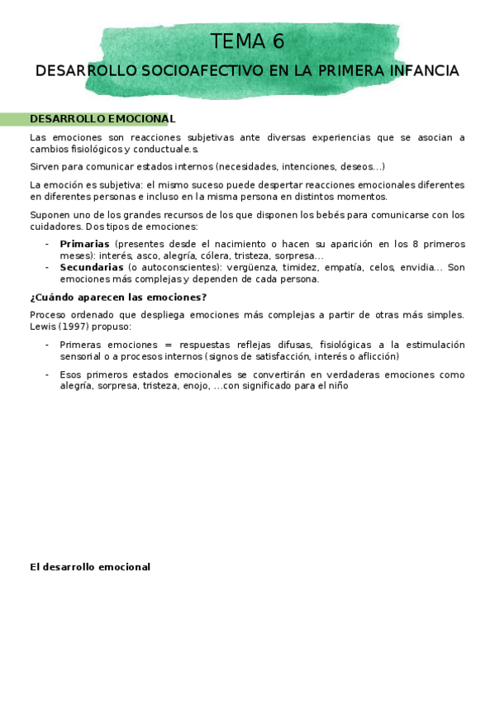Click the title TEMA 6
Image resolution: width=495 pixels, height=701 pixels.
(247, 42)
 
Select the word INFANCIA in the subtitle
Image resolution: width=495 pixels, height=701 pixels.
(421, 71)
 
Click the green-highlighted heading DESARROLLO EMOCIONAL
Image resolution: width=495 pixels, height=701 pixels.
(102, 119)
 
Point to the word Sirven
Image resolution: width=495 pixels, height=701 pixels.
(46, 166)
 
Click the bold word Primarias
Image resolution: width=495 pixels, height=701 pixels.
(84, 244)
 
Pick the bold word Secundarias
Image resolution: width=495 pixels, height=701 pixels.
(91, 267)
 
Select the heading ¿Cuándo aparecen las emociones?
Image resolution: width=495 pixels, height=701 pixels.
(118, 297)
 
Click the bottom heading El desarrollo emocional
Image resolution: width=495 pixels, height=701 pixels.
(90, 567)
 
